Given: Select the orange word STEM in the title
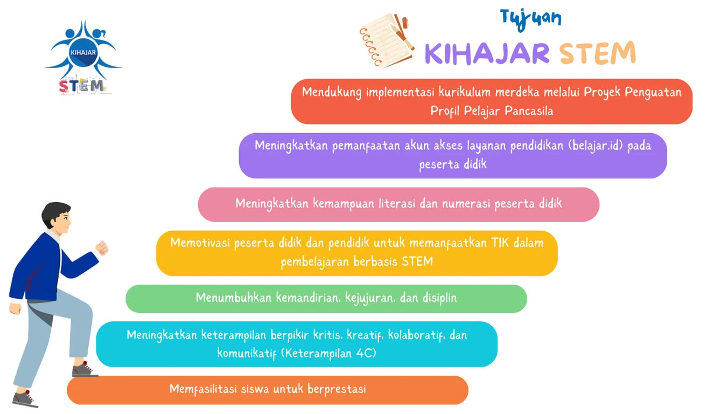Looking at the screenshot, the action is pyautogui.click(x=598, y=52).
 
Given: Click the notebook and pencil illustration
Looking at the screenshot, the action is pyautogui.click(x=387, y=40).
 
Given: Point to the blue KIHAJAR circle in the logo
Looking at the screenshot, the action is pyautogui.click(x=83, y=53).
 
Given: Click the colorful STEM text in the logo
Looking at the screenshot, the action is pyautogui.click(x=82, y=86).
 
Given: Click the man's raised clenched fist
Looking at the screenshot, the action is pyautogui.click(x=102, y=248).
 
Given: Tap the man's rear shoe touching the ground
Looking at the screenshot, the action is pyautogui.click(x=25, y=399).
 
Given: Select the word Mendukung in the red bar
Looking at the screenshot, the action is pyautogui.click(x=332, y=93).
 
